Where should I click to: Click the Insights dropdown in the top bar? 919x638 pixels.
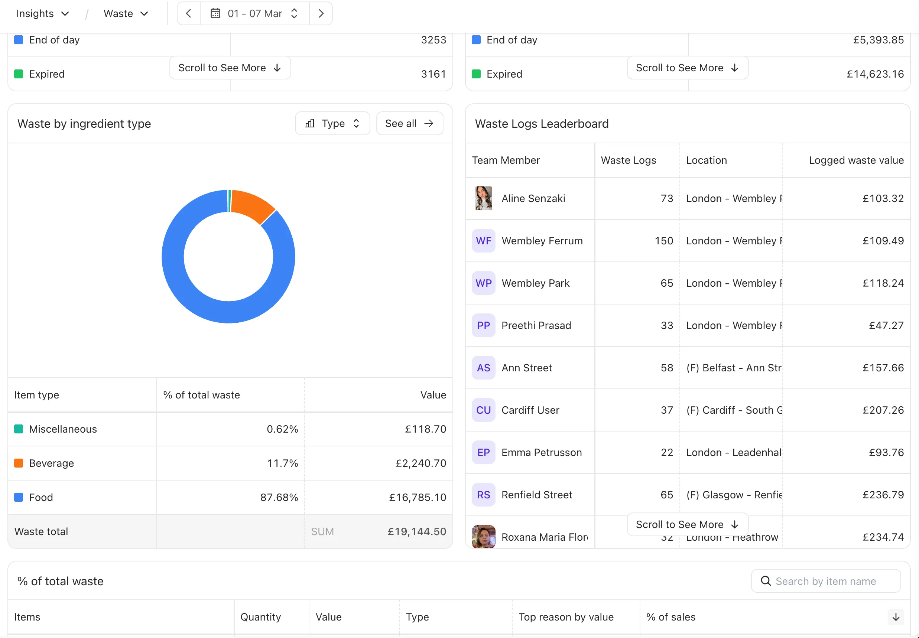click(x=42, y=14)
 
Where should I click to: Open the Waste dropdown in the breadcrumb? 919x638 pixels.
click(x=126, y=14)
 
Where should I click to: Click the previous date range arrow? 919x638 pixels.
click(x=189, y=14)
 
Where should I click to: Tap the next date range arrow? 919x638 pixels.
click(x=321, y=14)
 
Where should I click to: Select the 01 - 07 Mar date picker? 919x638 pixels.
click(x=254, y=14)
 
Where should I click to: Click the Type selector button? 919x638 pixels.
click(x=332, y=124)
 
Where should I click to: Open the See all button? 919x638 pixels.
click(x=409, y=124)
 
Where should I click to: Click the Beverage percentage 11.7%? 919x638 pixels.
click(x=282, y=463)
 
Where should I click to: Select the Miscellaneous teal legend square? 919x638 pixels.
click(x=19, y=429)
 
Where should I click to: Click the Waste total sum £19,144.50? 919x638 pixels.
click(x=416, y=532)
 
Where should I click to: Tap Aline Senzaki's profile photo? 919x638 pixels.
click(x=483, y=198)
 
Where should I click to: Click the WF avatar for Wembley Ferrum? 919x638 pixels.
click(x=483, y=241)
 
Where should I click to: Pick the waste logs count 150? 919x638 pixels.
click(x=663, y=241)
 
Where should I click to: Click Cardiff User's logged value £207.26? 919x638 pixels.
click(x=883, y=410)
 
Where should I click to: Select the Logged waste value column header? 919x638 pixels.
click(x=856, y=160)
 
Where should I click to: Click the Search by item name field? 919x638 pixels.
click(x=826, y=581)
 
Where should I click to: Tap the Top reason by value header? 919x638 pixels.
click(x=566, y=617)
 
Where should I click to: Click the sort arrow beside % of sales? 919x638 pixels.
click(x=896, y=617)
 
